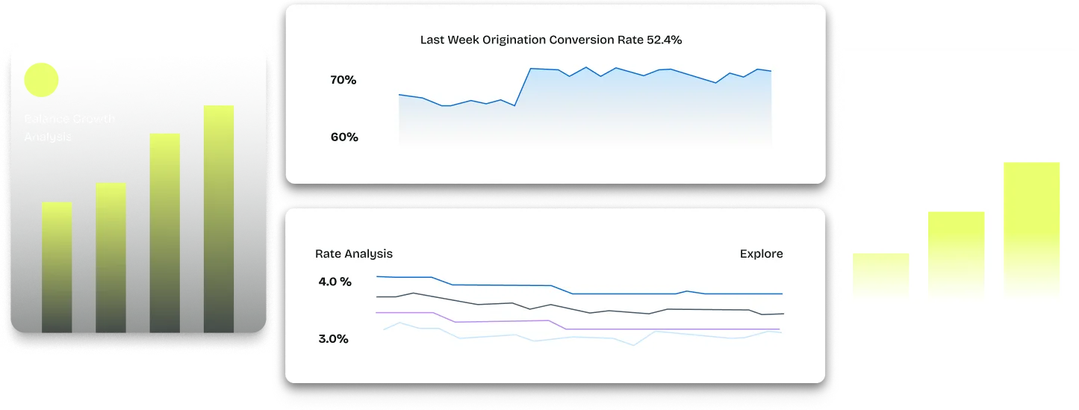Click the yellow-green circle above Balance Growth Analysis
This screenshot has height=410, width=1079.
(x=41, y=80)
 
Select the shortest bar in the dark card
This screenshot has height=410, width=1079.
(x=57, y=267)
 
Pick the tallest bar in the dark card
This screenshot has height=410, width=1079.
(x=219, y=218)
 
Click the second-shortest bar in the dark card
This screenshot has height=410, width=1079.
(x=111, y=257)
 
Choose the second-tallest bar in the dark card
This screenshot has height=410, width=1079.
(x=164, y=232)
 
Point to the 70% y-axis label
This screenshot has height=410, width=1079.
(x=343, y=80)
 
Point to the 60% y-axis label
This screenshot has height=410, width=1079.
(x=344, y=137)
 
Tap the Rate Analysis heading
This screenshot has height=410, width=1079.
(x=354, y=254)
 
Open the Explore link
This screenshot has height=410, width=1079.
(x=761, y=254)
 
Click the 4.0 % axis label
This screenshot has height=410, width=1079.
(x=335, y=282)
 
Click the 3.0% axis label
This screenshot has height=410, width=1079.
(x=333, y=339)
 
